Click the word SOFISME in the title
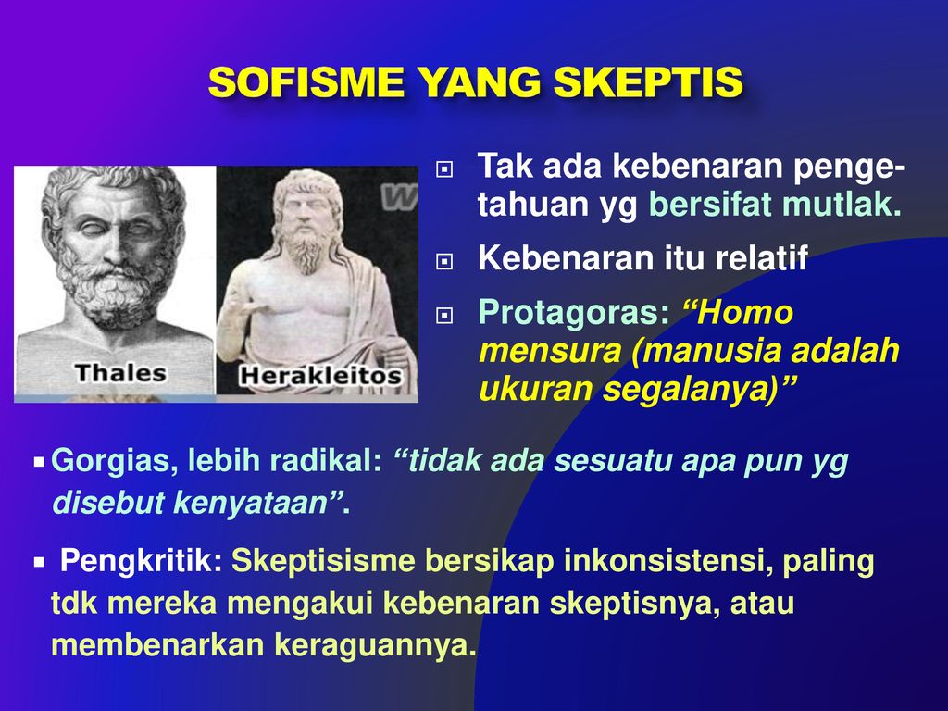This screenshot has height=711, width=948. point(306,81)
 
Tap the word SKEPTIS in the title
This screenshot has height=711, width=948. point(648,81)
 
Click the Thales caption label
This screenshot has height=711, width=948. point(121,373)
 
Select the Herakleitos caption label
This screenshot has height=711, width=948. point(320,376)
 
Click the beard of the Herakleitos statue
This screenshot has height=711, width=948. point(307,249)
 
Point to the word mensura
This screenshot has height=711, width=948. point(550,352)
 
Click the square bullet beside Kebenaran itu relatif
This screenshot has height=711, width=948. point(444,261)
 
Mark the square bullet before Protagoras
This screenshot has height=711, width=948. point(444,315)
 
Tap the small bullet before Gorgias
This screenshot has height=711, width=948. point(39,463)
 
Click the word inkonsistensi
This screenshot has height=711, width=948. point(665,560)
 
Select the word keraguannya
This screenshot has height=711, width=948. point(376,645)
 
